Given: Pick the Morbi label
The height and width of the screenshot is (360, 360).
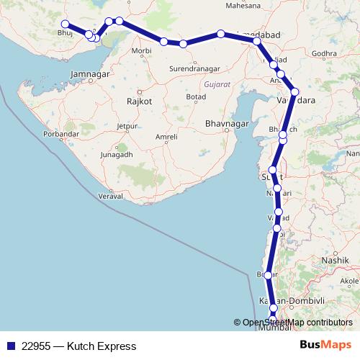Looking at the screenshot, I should (x=142, y=51).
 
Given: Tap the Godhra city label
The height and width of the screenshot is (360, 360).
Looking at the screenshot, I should (x=325, y=53).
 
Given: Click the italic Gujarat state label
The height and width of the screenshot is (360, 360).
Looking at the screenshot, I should (x=217, y=85).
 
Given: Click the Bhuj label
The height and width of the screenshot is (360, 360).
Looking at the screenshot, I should (x=66, y=33).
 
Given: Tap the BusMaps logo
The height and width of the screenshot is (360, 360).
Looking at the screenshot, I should (x=325, y=346).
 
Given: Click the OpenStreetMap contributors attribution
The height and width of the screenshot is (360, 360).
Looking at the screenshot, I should (x=297, y=323).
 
